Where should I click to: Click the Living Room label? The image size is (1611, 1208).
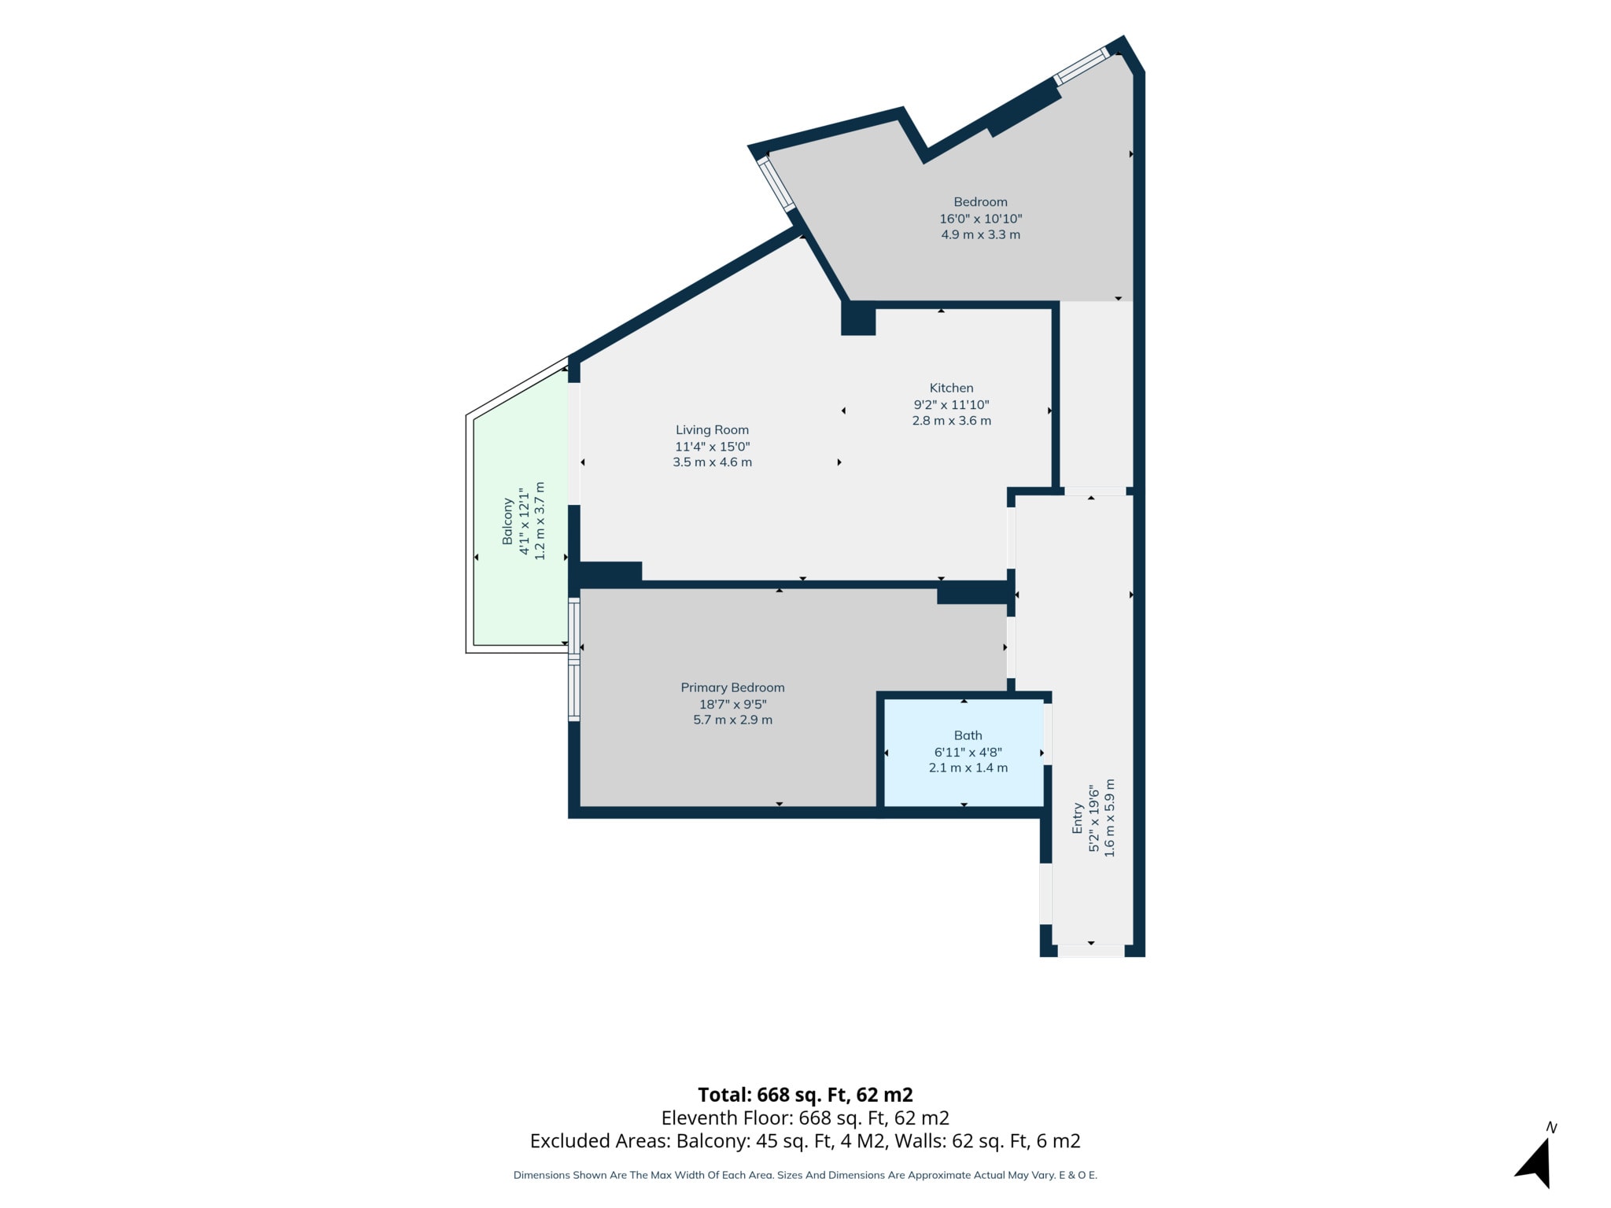click(x=712, y=429)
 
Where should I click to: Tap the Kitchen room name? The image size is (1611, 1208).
click(x=951, y=388)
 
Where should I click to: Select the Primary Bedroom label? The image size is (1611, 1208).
click(x=732, y=687)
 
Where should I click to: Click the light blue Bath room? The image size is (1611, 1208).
click(x=964, y=753)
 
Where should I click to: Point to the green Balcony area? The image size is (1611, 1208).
click(x=520, y=519)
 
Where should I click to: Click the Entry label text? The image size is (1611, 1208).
click(x=1078, y=819)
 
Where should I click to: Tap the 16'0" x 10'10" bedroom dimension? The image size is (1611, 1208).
click(x=980, y=219)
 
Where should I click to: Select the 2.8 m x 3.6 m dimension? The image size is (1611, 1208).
click(x=951, y=421)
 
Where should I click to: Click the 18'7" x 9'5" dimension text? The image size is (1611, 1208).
click(x=732, y=704)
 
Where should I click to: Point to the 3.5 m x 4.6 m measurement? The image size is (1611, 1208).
click(x=712, y=462)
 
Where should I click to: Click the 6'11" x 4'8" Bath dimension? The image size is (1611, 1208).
click(x=968, y=752)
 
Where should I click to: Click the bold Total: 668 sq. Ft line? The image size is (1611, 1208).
click(x=805, y=1095)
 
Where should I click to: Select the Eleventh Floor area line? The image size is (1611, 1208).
click(x=805, y=1118)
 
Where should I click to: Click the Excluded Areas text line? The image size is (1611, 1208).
click(x=805, y=1140)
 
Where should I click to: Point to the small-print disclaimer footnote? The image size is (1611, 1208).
click(x=805, y=1175)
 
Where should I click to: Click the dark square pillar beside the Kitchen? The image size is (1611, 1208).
click(x=858, y=319)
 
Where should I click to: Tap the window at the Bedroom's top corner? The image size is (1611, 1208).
click(x=1082, y=66)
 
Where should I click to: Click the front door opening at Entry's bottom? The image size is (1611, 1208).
click(x=1091, y=951)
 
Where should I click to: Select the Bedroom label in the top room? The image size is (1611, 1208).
click(x=980, y=202)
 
